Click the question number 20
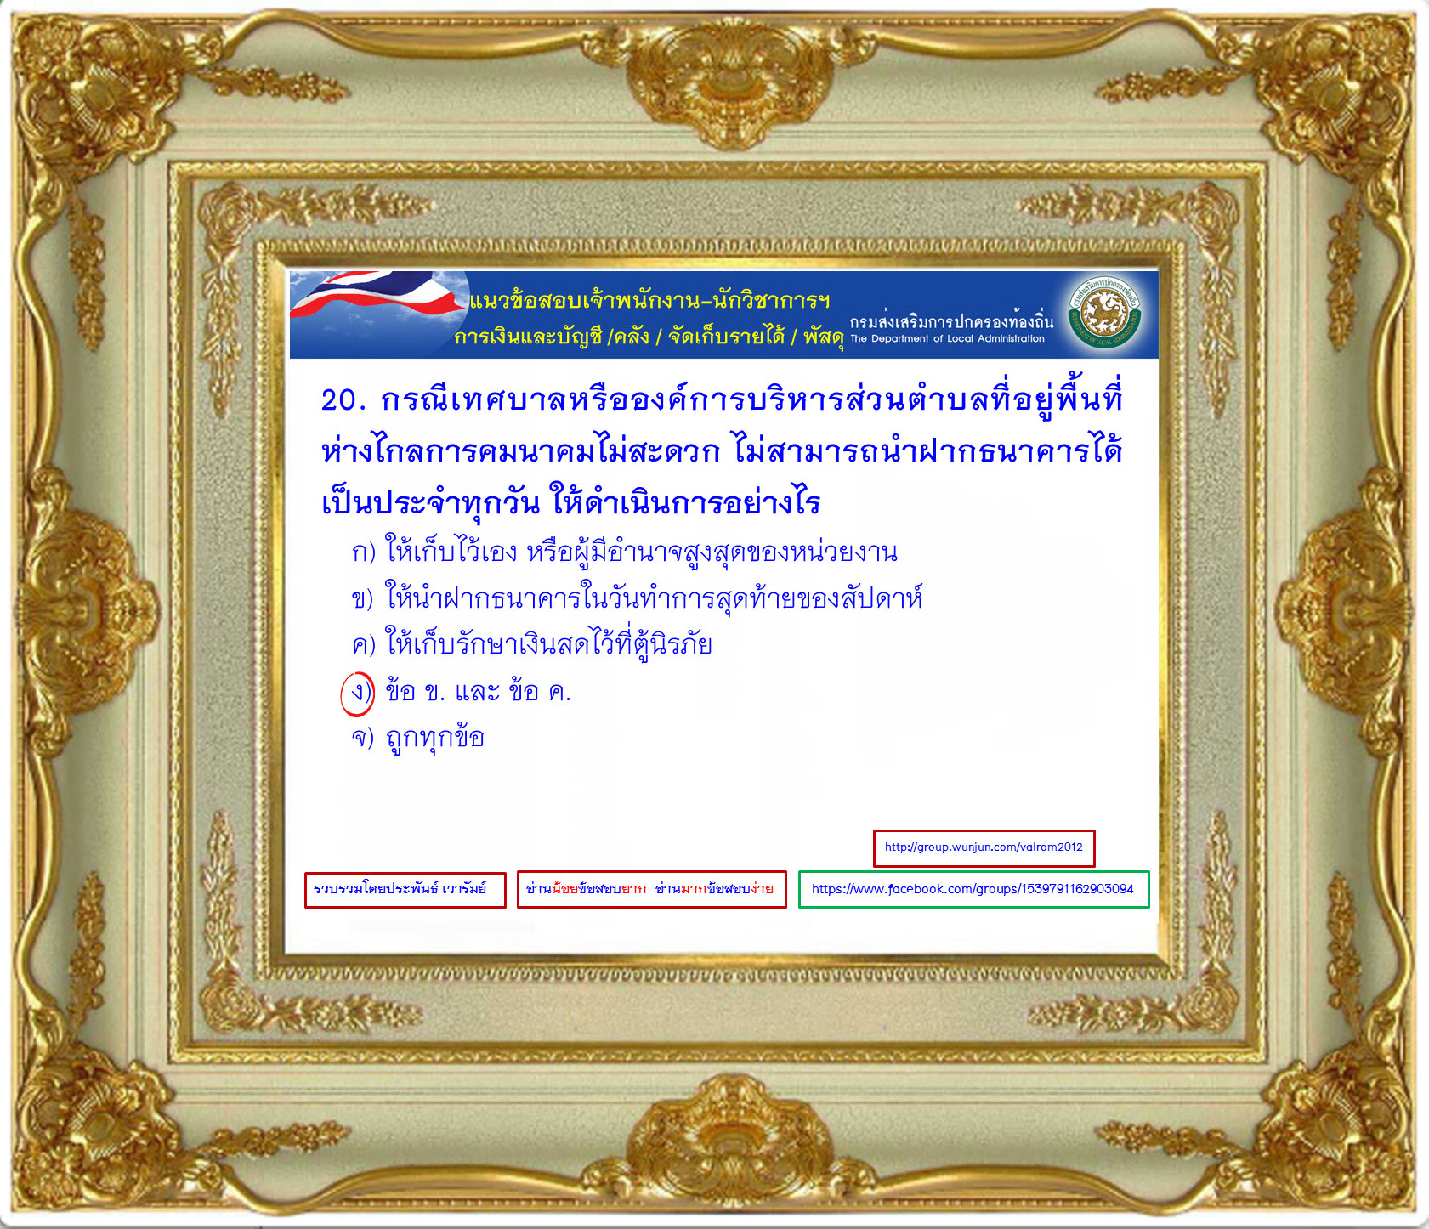click(343, 399)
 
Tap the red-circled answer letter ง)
click(358, 694)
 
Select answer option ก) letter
click(364, 552)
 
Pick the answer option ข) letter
click(363, 599)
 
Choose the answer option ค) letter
click(364, 645)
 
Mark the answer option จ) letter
click(363, 738)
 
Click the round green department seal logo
click(1104, 314)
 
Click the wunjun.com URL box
click(984, 848)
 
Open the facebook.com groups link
click(973, 889)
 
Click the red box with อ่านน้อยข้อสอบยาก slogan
click(651, 889)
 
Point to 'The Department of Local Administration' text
click(947, 338)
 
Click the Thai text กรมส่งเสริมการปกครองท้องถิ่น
click(951, 320)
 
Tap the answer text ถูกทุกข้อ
click(435, 738)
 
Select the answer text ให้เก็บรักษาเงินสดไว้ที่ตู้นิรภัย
click(549, 643)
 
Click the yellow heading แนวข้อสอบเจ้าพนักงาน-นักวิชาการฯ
click(649, 300)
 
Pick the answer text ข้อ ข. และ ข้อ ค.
click(478, 692)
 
